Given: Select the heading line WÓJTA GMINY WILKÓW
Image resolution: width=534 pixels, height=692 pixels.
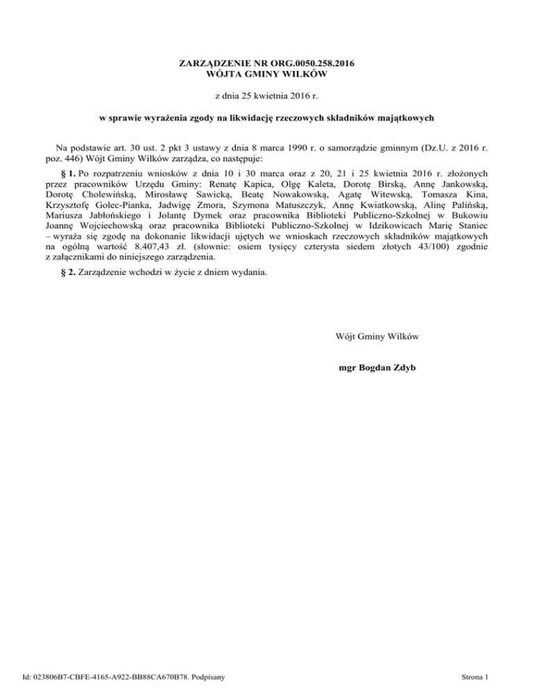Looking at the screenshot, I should click(267, 74).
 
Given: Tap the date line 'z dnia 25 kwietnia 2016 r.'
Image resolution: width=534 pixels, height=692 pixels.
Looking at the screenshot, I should click(267, 95).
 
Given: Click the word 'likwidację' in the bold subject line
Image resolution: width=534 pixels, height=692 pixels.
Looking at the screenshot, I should click(225, 118).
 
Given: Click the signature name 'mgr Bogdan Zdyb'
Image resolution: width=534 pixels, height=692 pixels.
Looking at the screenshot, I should click(376, 365).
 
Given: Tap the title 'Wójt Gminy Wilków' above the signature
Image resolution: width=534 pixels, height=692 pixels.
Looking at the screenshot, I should click(376, 336).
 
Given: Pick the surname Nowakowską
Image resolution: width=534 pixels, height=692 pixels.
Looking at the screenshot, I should click(300, 194).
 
